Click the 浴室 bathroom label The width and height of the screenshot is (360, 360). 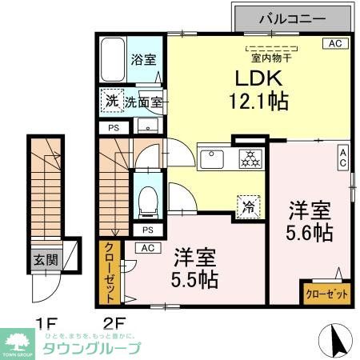tap(144, 59)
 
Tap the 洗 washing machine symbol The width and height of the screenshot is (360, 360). tap(110, 102)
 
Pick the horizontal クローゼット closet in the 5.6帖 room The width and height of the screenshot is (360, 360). tap(326, 294)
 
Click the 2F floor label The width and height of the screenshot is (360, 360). tap(115, 324)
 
